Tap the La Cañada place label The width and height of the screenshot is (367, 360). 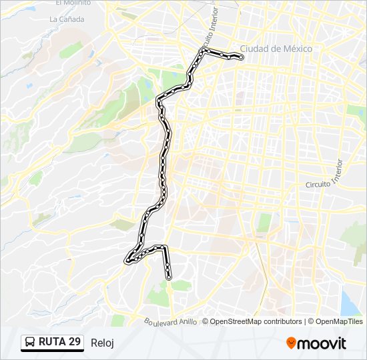[x=67, y=19]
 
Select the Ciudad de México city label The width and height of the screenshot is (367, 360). [x=276, y=49]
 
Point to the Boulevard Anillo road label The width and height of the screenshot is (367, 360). [x=171, y=322]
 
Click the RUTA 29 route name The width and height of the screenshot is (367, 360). [x=59, y=342]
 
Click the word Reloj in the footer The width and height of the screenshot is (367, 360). [x=102, y=343]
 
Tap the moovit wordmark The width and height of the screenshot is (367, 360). [x=322, y=343]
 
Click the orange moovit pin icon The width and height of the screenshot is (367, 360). [x=292, y=343]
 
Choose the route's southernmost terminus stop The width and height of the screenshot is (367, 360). [x=169, y=276]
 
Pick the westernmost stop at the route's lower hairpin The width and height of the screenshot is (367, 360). [x=126, y=261]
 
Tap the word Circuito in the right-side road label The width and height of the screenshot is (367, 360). [x=318, y=185]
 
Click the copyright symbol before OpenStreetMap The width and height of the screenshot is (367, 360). [x=206, y=321]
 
